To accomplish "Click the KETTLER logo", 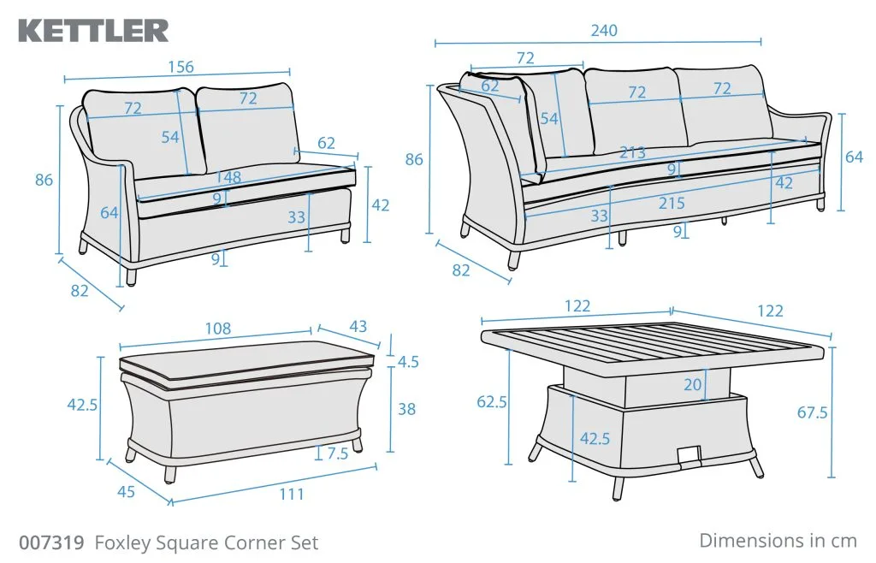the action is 93,31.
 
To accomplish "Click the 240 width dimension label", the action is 604,30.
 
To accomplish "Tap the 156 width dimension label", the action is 181,67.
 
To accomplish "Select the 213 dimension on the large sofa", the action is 632,152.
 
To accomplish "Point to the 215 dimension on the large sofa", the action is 671,204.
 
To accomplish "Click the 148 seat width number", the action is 228,177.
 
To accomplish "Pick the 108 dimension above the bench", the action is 218,329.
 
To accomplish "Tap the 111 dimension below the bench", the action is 292,494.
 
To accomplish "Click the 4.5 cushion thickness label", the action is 408,362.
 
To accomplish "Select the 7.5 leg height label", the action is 337,453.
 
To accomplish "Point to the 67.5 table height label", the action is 813,412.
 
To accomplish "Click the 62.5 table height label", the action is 492,401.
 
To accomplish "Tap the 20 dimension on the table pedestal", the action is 692,384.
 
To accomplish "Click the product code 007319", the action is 52,542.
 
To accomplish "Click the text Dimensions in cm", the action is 778,541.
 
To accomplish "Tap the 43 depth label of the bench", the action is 358,326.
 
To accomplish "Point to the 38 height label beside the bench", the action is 406,409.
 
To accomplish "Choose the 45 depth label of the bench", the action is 127,491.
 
